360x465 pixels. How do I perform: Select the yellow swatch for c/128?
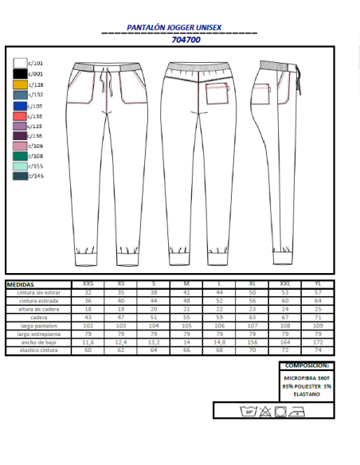(21, 84)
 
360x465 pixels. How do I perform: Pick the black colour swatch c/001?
(21, 73)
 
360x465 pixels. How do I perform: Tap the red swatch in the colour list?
(21, 115)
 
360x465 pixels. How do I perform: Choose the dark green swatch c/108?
(21, 156)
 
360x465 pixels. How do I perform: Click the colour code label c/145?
(36, 176)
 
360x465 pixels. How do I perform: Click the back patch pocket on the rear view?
(217, 94)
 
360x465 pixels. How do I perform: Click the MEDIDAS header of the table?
(21, 283)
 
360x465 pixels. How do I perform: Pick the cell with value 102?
(88, 325)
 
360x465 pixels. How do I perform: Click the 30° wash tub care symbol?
(250, 411)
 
